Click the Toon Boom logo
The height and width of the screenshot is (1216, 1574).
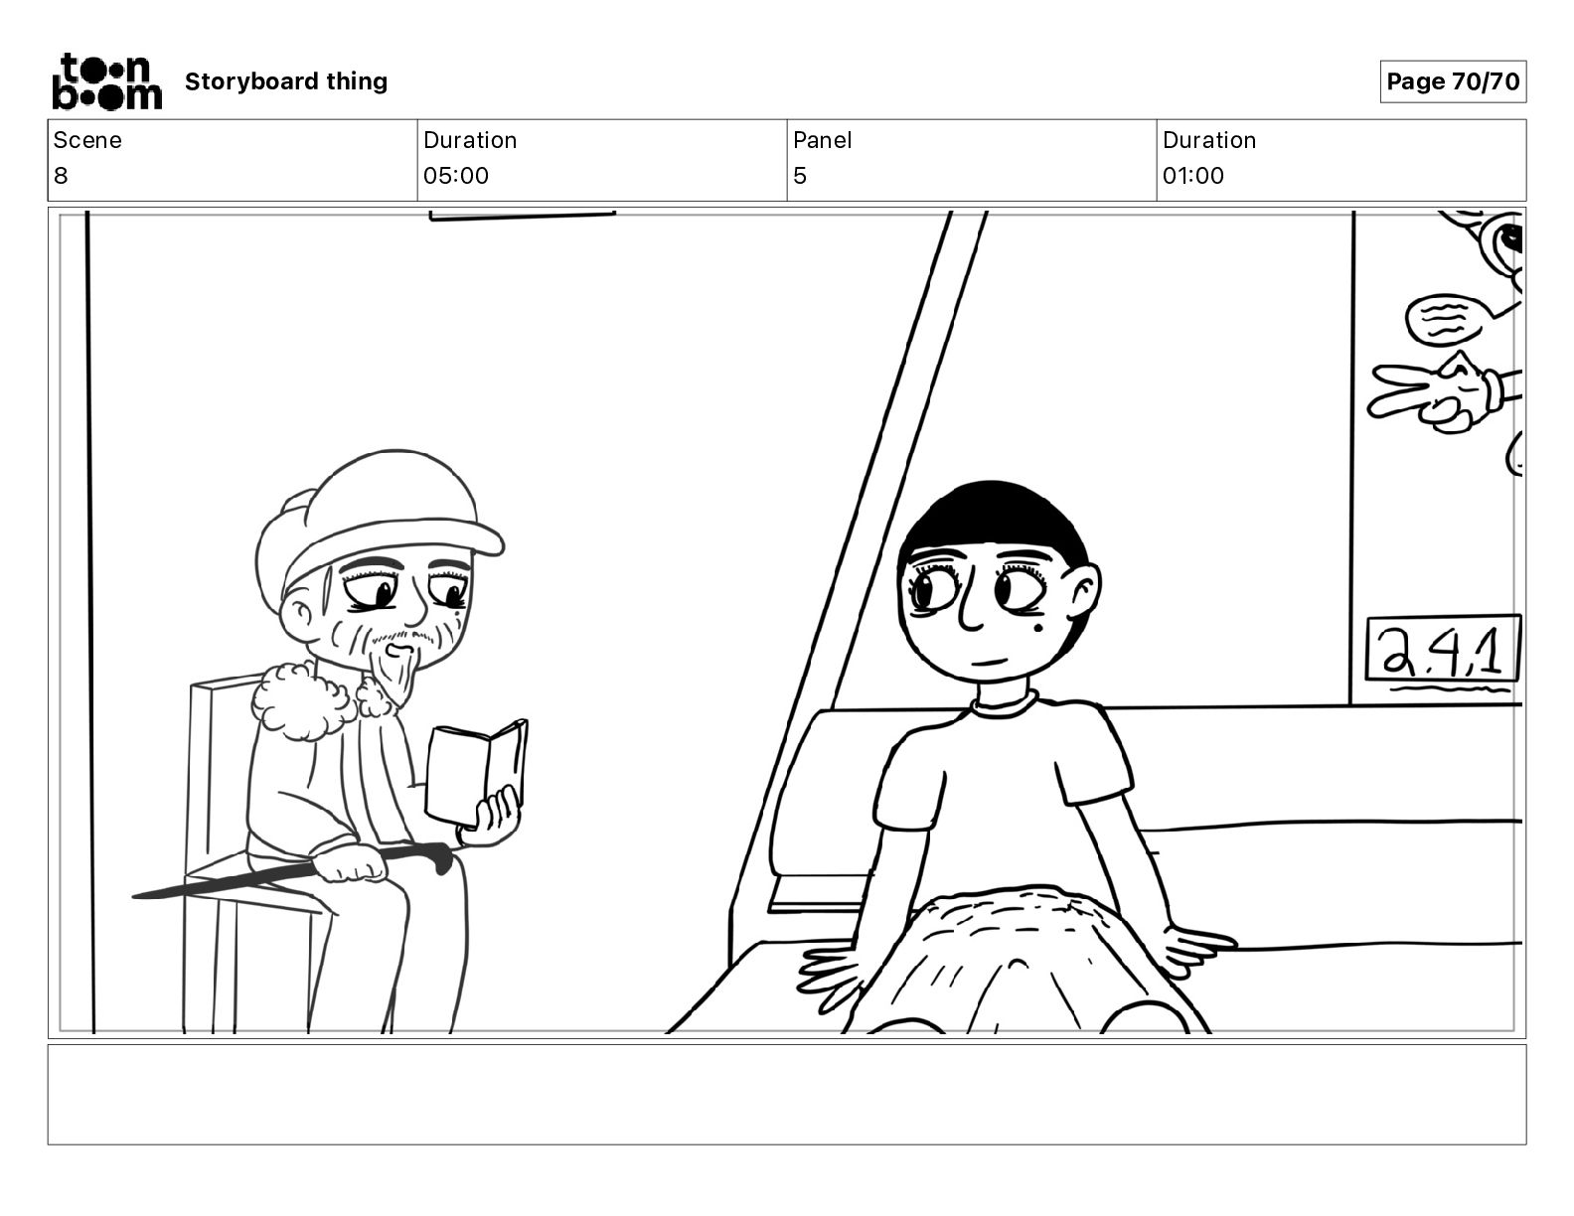click(107, 81)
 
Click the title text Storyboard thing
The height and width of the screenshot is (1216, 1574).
click(286, 81)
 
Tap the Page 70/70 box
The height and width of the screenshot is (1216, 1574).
click(1453, 81)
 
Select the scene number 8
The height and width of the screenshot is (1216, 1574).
click(61, 175)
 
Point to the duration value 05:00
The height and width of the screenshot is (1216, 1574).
click(456, 175)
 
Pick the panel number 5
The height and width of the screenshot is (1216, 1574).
click(800, 175)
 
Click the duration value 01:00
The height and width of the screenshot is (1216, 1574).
click(1193, 175)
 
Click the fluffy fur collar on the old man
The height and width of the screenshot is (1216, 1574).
click(304, 698)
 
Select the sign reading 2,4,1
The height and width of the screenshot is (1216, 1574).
click(1443, 649)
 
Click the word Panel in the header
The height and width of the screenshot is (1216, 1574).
click(822, 140)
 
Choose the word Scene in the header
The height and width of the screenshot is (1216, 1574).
click(87, 140)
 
